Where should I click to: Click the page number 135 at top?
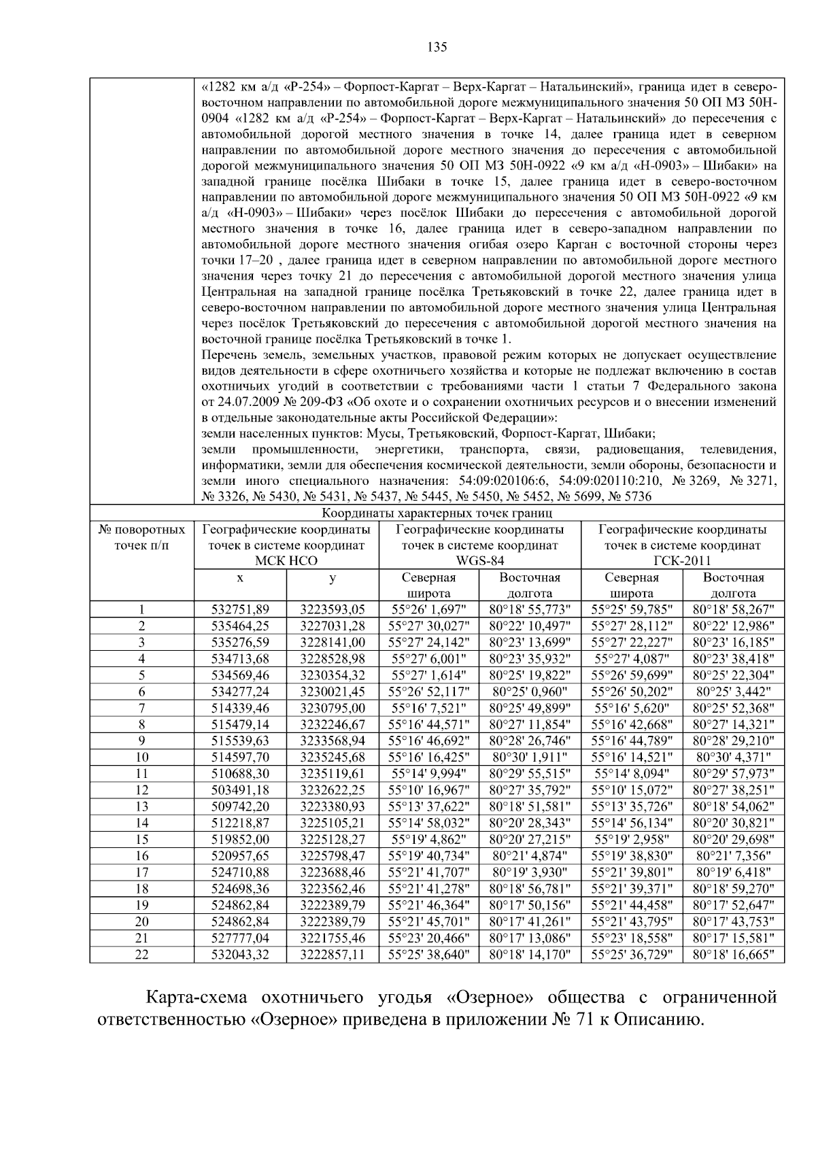437,47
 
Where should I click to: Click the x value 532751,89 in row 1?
240,609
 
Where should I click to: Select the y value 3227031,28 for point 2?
333,626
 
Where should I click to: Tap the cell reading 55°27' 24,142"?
428,642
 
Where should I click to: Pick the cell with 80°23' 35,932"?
530,658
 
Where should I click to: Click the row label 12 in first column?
141,790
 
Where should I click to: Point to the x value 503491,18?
240,790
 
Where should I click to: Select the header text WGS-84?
479,561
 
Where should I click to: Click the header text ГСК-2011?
682,561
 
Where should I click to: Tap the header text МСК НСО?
286,561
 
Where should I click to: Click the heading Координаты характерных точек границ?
437,513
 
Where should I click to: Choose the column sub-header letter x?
240,577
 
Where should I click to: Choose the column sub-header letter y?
333,577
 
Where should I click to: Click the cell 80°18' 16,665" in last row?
733,955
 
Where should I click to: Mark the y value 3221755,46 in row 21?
333,938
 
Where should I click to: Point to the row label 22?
141,955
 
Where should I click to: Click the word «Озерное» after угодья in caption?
490,998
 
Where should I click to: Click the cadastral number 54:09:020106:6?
498,481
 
